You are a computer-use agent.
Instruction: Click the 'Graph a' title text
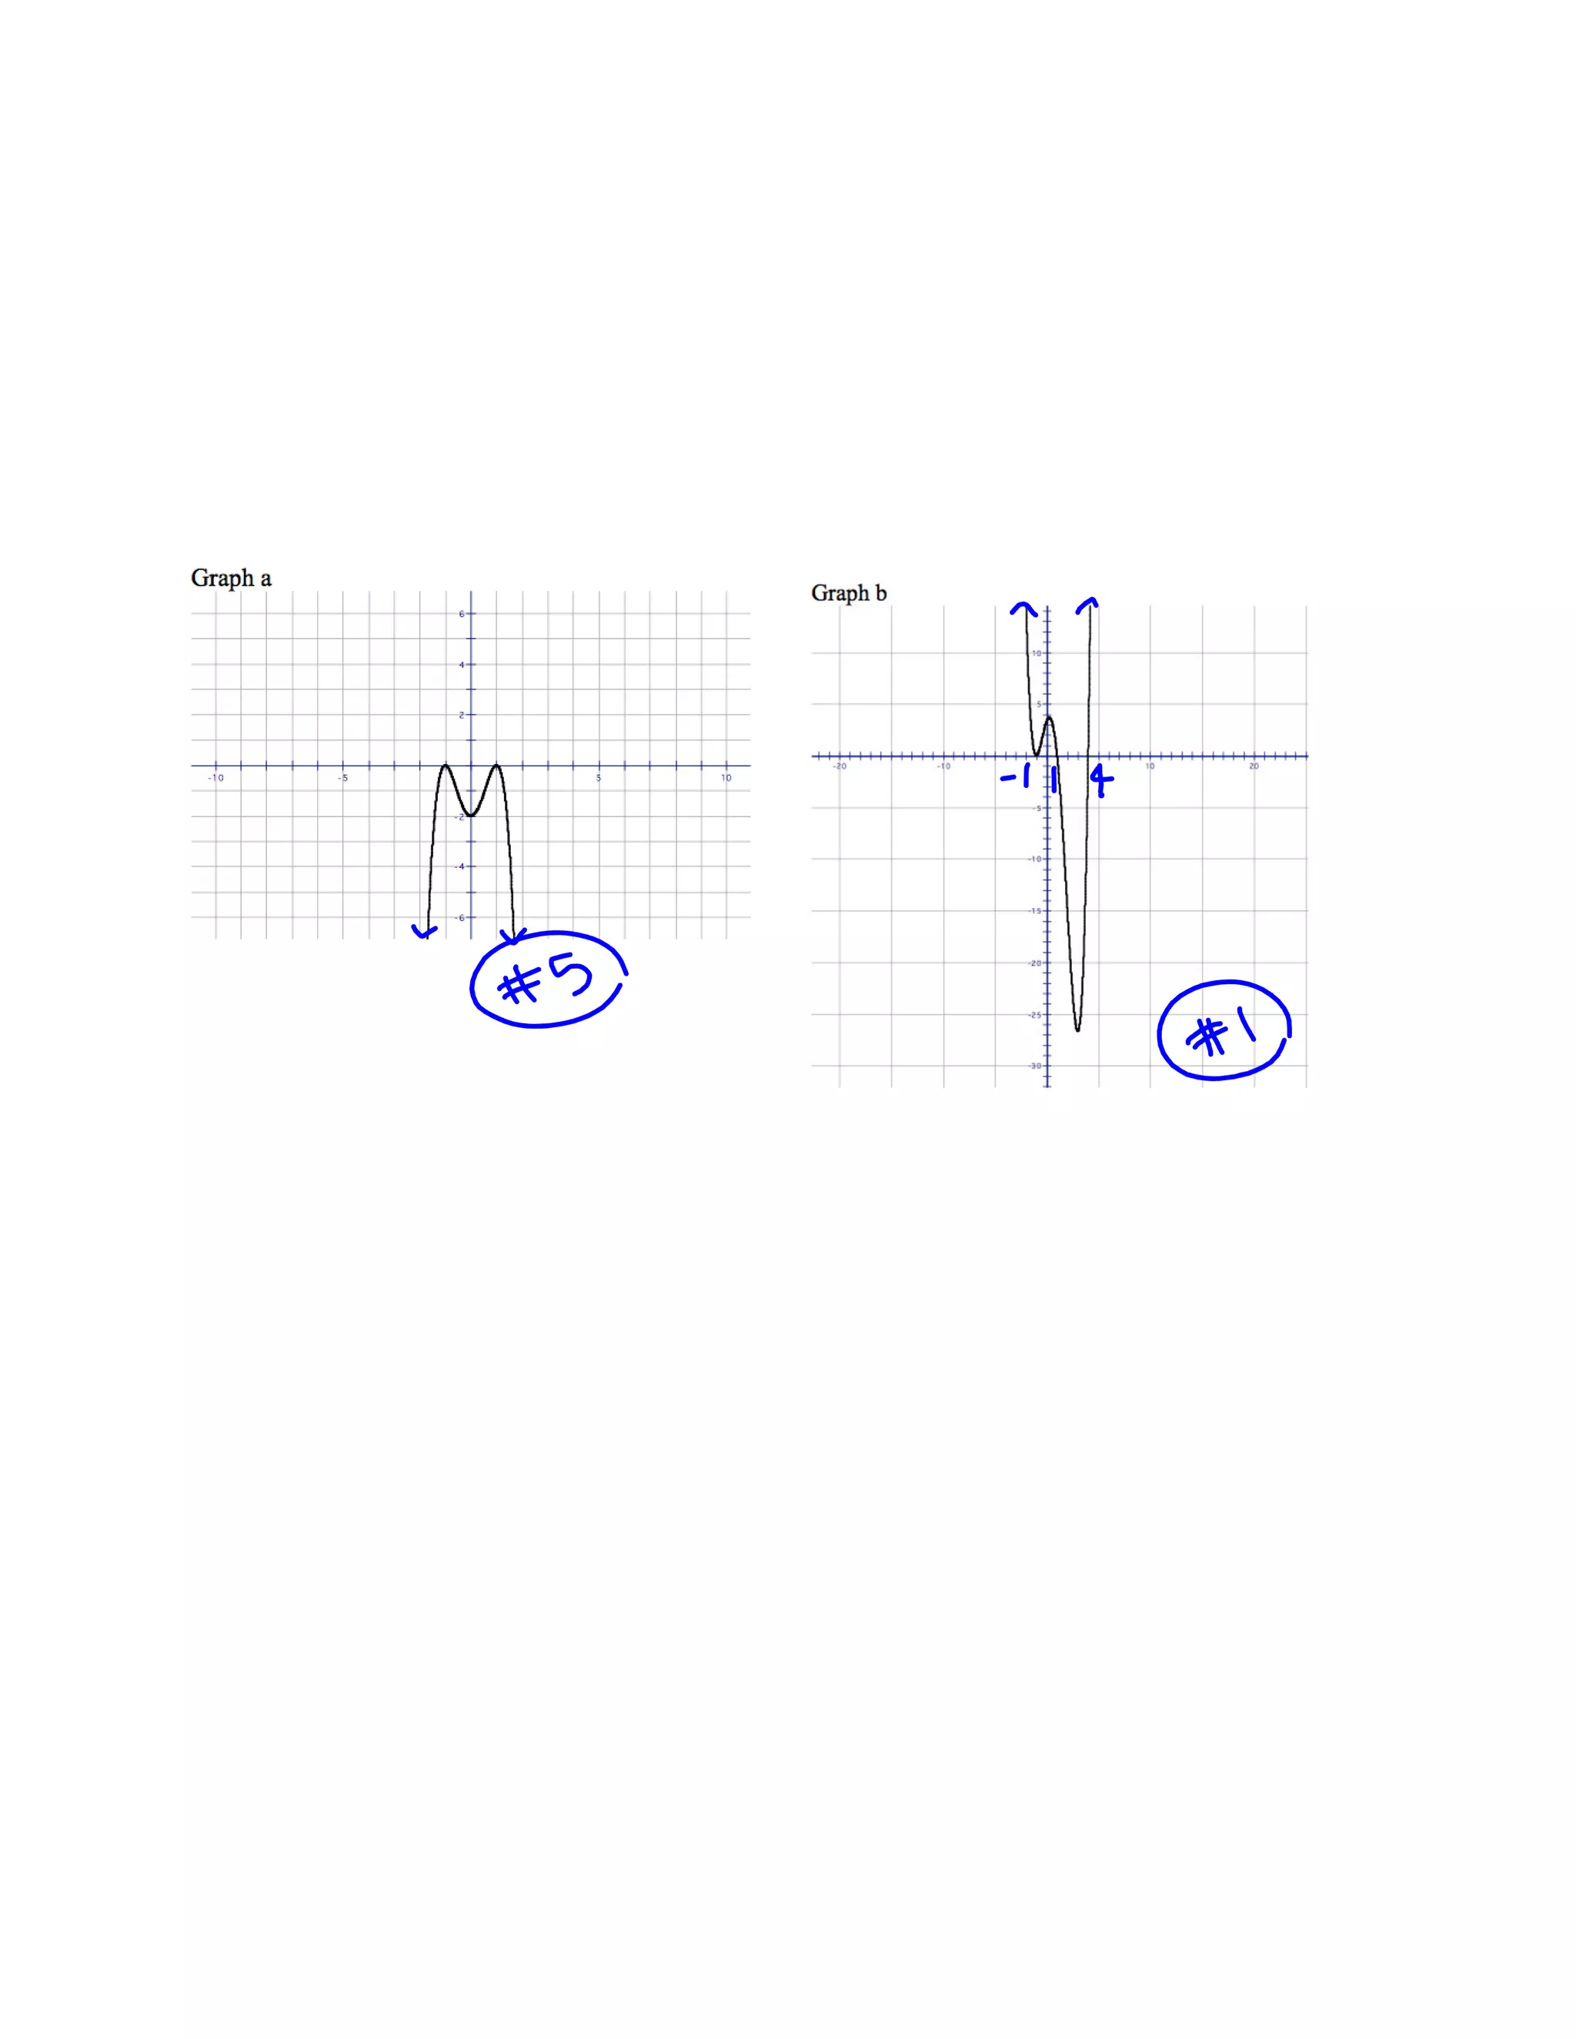pos(231,578)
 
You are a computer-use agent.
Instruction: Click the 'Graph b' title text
pos(848,592)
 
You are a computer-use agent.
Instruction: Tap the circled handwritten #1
pos(1223,1032)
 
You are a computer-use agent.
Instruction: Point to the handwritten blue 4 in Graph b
pos(1102,779)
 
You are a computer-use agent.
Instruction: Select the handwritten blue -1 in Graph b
pos(1017,775)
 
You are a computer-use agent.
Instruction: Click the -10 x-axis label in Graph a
pos(215,778)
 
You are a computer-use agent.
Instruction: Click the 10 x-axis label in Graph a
pos(726,778)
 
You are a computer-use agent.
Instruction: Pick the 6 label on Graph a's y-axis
pos(461,614)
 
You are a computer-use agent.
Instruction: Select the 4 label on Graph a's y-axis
pos(461,665)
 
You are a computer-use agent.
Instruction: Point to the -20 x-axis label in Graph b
pos(840,766)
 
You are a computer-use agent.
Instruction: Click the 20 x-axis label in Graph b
pos(1254,766)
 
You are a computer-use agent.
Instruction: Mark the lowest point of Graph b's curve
pos(1077,1031)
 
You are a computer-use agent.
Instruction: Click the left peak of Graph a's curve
pos(446,766)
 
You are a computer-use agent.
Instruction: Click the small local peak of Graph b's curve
pos(1050,717)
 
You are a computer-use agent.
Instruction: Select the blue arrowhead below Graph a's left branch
pos(425,932)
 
